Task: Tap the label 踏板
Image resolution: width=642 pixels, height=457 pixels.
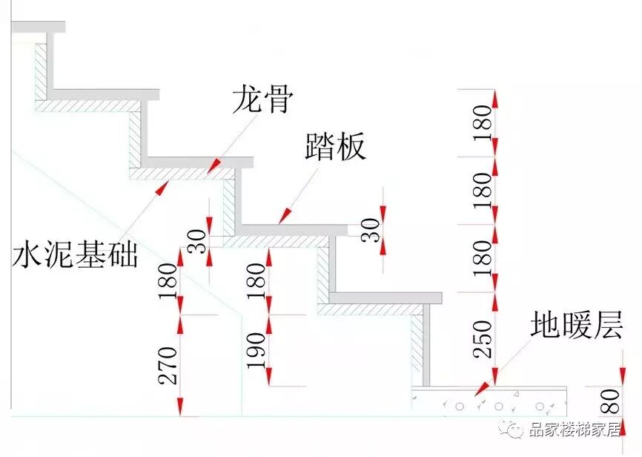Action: [x=336, y=148]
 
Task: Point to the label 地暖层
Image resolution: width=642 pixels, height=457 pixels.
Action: [x=577, y=326]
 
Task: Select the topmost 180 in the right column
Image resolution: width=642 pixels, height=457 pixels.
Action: [x=483, y=123]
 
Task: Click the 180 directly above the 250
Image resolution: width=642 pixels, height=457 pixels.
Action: [x=483, y=258]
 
